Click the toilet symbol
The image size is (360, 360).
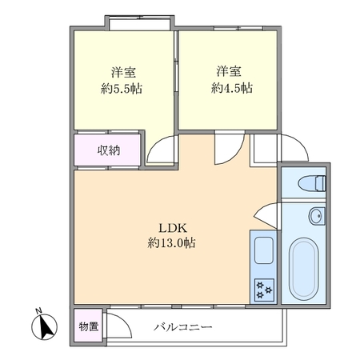[312, 183]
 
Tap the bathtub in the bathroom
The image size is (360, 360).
[304, 269]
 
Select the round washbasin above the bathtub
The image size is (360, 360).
[317, 216]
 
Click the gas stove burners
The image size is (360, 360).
[264, 290]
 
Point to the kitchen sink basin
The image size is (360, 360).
[264, 250]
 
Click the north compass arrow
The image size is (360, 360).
[45, 327]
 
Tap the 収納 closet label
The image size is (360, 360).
[109, 151]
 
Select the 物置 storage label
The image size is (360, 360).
[89, 326]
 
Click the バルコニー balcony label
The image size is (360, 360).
[183, 327]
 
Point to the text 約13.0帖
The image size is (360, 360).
[171, 242]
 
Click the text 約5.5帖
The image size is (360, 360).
[122, 89]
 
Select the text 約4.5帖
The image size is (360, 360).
[232, 88]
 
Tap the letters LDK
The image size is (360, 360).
[173, 228]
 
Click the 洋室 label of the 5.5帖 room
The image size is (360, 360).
[123, 72]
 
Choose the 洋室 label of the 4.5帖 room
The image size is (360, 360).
[229, 71]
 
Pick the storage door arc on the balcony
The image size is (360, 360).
[126, 320]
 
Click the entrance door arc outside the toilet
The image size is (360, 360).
[300, 142]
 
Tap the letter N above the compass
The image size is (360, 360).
[39, 310]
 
